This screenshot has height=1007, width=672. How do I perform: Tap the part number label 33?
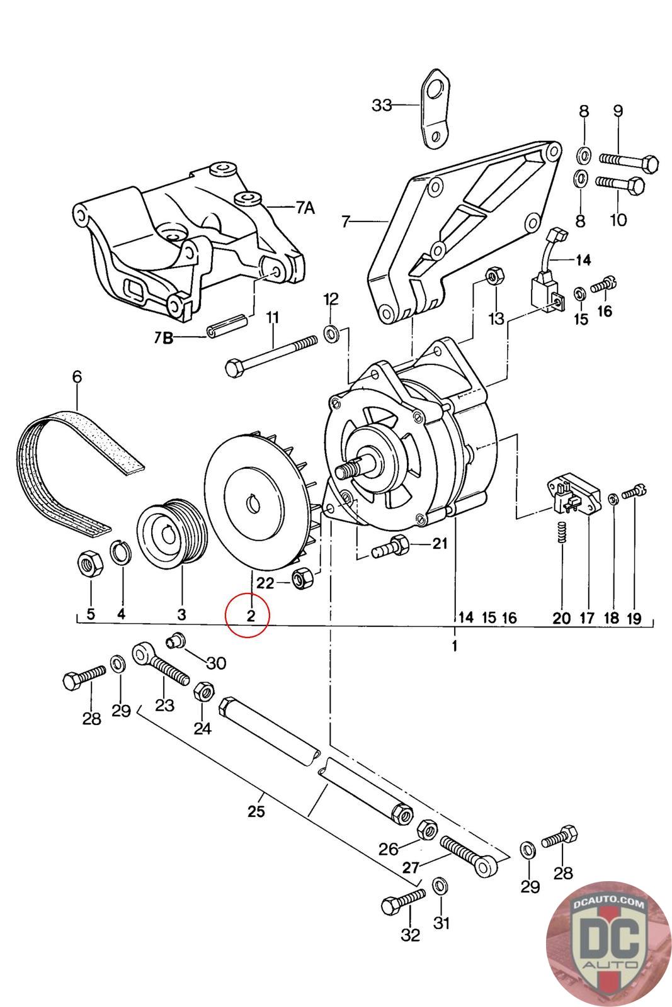tap(382, 105)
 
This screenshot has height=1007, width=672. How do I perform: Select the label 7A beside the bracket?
tap(305, 208)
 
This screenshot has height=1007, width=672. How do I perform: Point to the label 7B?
tap(164, 337)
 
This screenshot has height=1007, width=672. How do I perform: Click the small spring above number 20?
tap(561, 532)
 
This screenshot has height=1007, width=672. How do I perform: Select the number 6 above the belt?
tap(77, 377)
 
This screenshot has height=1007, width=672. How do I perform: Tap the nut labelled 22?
tap(303, 578)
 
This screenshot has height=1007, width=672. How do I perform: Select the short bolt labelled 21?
tap(390, 546)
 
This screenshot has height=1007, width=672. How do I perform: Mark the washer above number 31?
tap(440, 885)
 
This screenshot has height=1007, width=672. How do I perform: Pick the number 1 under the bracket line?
tap(454, 646)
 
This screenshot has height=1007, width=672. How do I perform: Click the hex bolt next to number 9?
tap(629, 160)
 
